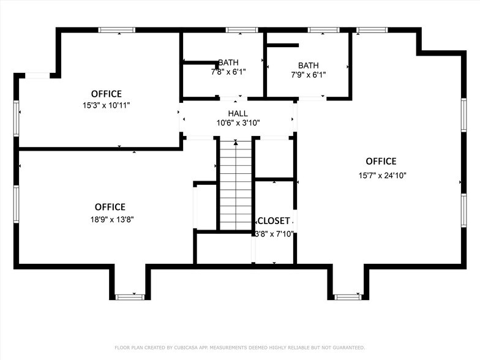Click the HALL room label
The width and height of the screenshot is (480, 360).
point(238,113)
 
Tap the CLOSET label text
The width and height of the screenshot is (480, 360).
point(273,221)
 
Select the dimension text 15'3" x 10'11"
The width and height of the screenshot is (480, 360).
point(107,105)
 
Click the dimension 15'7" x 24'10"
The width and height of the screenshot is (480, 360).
point(382,175)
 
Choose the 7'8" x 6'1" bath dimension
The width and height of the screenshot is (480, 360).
point(228,72)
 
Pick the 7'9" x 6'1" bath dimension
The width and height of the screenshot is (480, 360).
point(308,75)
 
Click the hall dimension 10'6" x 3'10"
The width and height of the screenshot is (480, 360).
point(238,123)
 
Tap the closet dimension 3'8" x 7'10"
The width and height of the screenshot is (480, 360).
point(274,233)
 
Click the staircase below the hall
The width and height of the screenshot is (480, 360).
point(236,184)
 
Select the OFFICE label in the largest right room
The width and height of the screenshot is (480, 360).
point(381,162)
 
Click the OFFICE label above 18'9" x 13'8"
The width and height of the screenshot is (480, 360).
point(110,207)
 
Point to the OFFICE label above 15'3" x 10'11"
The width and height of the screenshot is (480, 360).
point(107,94)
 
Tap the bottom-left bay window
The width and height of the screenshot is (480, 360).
point(130,297)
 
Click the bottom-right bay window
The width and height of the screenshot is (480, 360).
point(348,297)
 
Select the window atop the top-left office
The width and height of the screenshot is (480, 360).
point(117,29)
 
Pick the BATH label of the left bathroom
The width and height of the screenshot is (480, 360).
point(228,62)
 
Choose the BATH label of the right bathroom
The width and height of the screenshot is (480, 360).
point(308,66)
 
